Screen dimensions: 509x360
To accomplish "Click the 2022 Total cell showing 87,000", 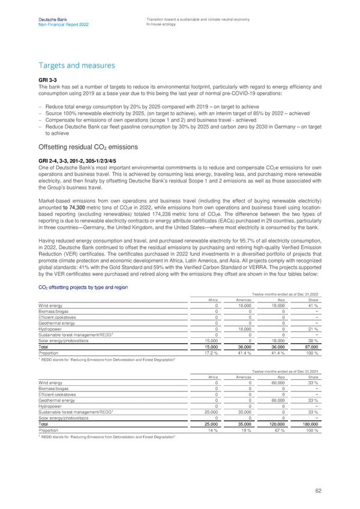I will click(316, 346).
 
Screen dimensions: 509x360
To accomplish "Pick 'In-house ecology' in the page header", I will click(162, 25).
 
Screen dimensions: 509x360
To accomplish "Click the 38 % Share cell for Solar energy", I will click(319, 340).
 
